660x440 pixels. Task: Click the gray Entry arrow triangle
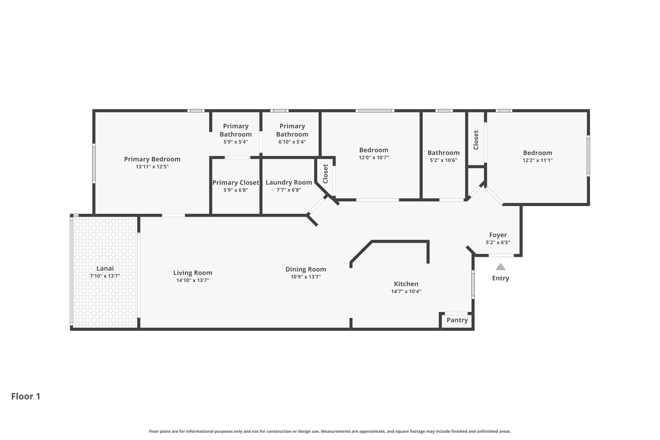[500, 267]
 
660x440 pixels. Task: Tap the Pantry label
[457, 320]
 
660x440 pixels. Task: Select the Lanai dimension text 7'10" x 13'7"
[105, 276]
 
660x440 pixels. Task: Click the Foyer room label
[498, 235]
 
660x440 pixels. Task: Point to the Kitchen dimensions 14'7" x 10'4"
[406, 291]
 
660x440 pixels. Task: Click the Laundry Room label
[289, 182]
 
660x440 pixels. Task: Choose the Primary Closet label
[236, 182]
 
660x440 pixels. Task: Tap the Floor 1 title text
[26, 396]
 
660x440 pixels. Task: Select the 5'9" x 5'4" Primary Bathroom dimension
[236, 142]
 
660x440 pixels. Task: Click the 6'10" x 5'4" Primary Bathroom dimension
[292, 142]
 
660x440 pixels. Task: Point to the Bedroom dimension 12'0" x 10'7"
[374, 158]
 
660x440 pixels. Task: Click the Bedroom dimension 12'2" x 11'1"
[537, 160]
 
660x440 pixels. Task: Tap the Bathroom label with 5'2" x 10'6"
[443, 153]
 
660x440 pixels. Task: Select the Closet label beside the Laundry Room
[325, 174]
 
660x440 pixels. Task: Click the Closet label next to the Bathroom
[476, 140]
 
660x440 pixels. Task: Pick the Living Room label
[193, 273]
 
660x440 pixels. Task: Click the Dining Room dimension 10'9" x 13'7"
[306, 277]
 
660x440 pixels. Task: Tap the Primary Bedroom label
[152, 159]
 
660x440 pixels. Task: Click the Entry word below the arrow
[500, 278]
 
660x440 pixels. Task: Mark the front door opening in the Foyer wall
[501, 256]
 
